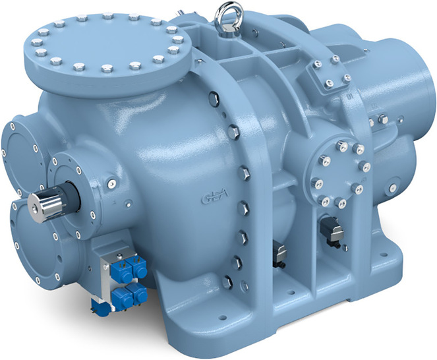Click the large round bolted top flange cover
[107, 45]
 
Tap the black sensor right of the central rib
[332, 229]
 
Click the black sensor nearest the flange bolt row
[279, 253]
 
